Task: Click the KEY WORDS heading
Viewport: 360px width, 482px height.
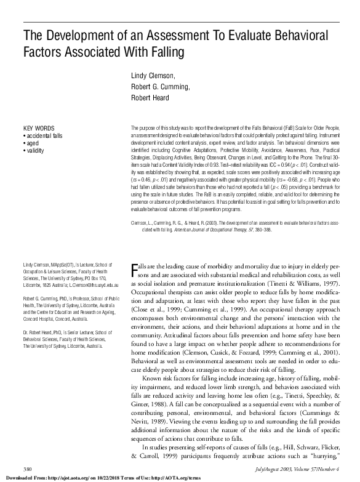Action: (x=36, y=128)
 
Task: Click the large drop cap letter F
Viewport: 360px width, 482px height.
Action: (x=135, y=270)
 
